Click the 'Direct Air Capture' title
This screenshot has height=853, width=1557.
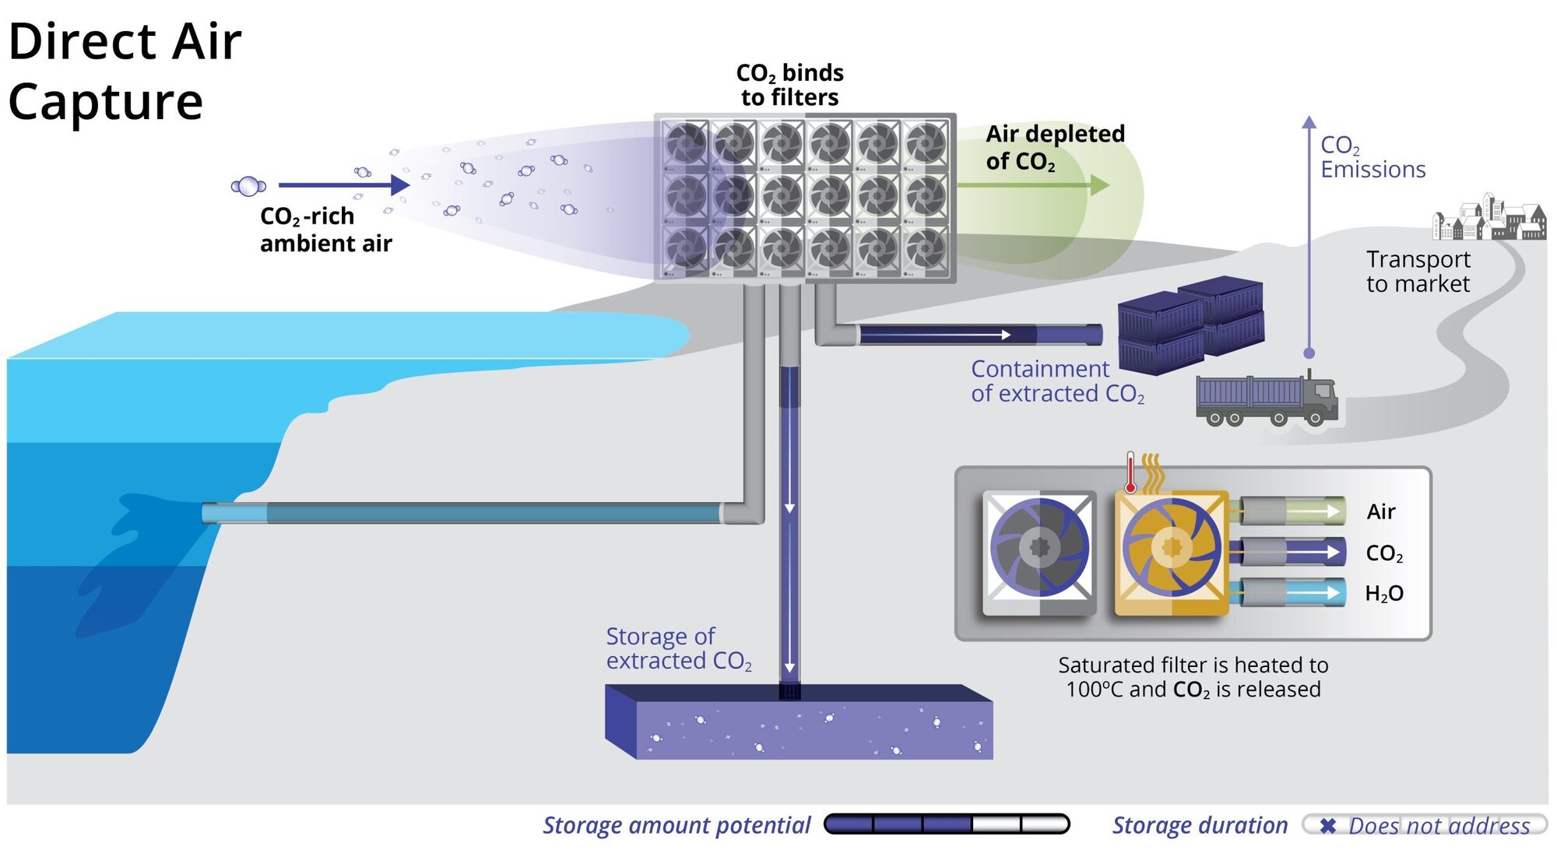pyautogui.click(x=125, y=72)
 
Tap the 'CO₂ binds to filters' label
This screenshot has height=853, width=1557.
pyautogui.click(x=789, y=85)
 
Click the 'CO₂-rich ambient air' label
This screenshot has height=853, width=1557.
pyautogui.click(x=325, y=230)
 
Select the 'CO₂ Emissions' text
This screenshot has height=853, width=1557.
pyautogui.click(x=1372, y=157)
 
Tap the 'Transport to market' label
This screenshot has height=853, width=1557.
pyautogui.click(x=1418, y=272)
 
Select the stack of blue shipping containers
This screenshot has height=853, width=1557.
pyautogui.click(x=1191, y=327)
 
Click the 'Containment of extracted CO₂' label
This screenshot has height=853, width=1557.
pyautogui.click(x=1056, y=381)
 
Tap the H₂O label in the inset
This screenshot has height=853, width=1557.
pyautogui.click(x=1383, y=594)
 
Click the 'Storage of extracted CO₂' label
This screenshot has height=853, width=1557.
pyautogui.click(x=677, y=648)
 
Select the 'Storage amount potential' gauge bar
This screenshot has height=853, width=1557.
pyautogui.click(x=947, y=824)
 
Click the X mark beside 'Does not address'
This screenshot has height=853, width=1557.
pyautogui.click(x=1328, y=825)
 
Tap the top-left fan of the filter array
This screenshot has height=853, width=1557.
pyautogui.click(x=686, y=143)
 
